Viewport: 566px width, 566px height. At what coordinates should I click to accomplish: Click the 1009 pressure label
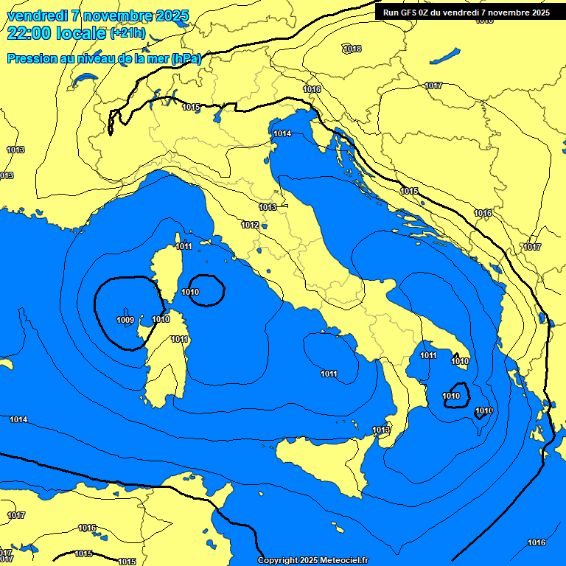(125, 320)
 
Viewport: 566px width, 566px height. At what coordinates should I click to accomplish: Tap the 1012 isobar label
(250, 225)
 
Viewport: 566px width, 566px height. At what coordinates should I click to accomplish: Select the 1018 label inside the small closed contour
(352, 49)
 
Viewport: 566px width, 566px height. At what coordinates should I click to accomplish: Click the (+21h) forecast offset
(128, 34)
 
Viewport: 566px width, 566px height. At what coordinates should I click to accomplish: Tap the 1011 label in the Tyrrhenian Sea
(329, 374)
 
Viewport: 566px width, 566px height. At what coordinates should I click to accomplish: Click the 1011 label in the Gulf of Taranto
(428, 356)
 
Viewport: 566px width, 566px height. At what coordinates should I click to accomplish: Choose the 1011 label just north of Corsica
(184, 246)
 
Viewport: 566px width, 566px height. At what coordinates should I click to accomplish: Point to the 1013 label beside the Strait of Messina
(381, 430)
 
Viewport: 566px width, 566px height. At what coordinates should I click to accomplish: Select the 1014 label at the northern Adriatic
(282, 133)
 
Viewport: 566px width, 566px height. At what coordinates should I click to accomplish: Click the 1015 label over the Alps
(191, 107)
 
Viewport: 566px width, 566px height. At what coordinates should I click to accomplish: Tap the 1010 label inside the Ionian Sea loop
(451, 396)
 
